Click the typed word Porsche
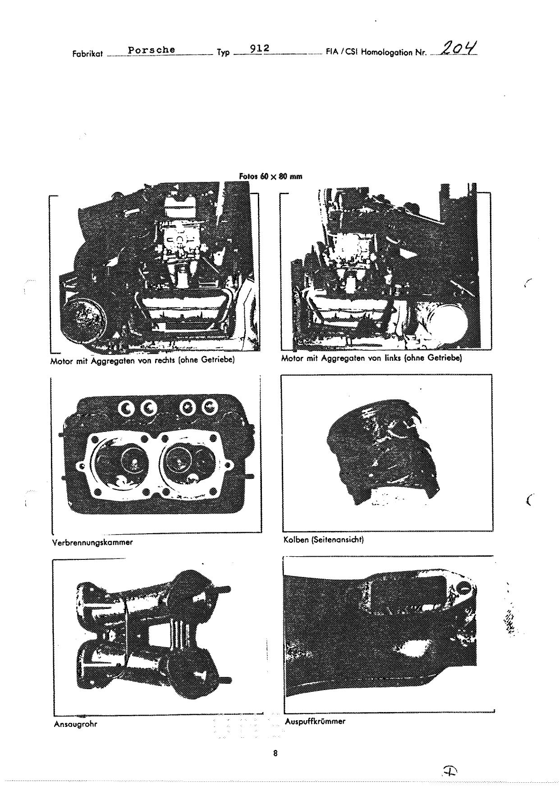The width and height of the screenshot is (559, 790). click(151, 50)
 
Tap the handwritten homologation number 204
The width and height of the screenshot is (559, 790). click(460, 47)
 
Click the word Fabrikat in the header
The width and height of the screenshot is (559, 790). click(87, 54)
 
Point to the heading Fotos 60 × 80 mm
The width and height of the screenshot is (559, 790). click(270, 177)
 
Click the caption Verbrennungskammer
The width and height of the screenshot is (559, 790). click(92, 542)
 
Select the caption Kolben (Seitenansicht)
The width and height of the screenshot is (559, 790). click(323, 540)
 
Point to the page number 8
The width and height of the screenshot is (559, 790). click(275, 753)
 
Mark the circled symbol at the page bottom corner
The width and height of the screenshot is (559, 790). click(449, 772)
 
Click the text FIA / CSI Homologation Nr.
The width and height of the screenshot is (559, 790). click(376, 52)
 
